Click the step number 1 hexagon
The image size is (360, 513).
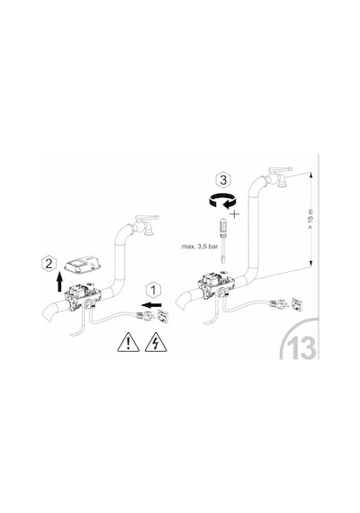pos(153,290)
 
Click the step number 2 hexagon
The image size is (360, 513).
pos(49,264)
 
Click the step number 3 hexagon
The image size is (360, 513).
pos(223,180)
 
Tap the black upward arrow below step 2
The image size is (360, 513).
pos(59,282)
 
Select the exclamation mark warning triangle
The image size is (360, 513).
pos(129,343)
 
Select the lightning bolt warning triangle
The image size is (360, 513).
pos(156,343)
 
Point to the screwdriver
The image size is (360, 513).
pos(223,240)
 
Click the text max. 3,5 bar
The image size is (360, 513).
pos(200,247)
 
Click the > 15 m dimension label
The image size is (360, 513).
pos(310,219)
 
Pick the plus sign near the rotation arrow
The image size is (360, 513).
pos(235,214)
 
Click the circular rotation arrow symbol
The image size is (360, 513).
pos(223,201)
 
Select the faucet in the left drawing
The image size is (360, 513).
pos(144,224)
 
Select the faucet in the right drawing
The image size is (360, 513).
pos(277,176)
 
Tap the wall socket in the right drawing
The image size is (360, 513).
pos(298,304)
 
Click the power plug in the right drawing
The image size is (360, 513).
pos(278,304)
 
